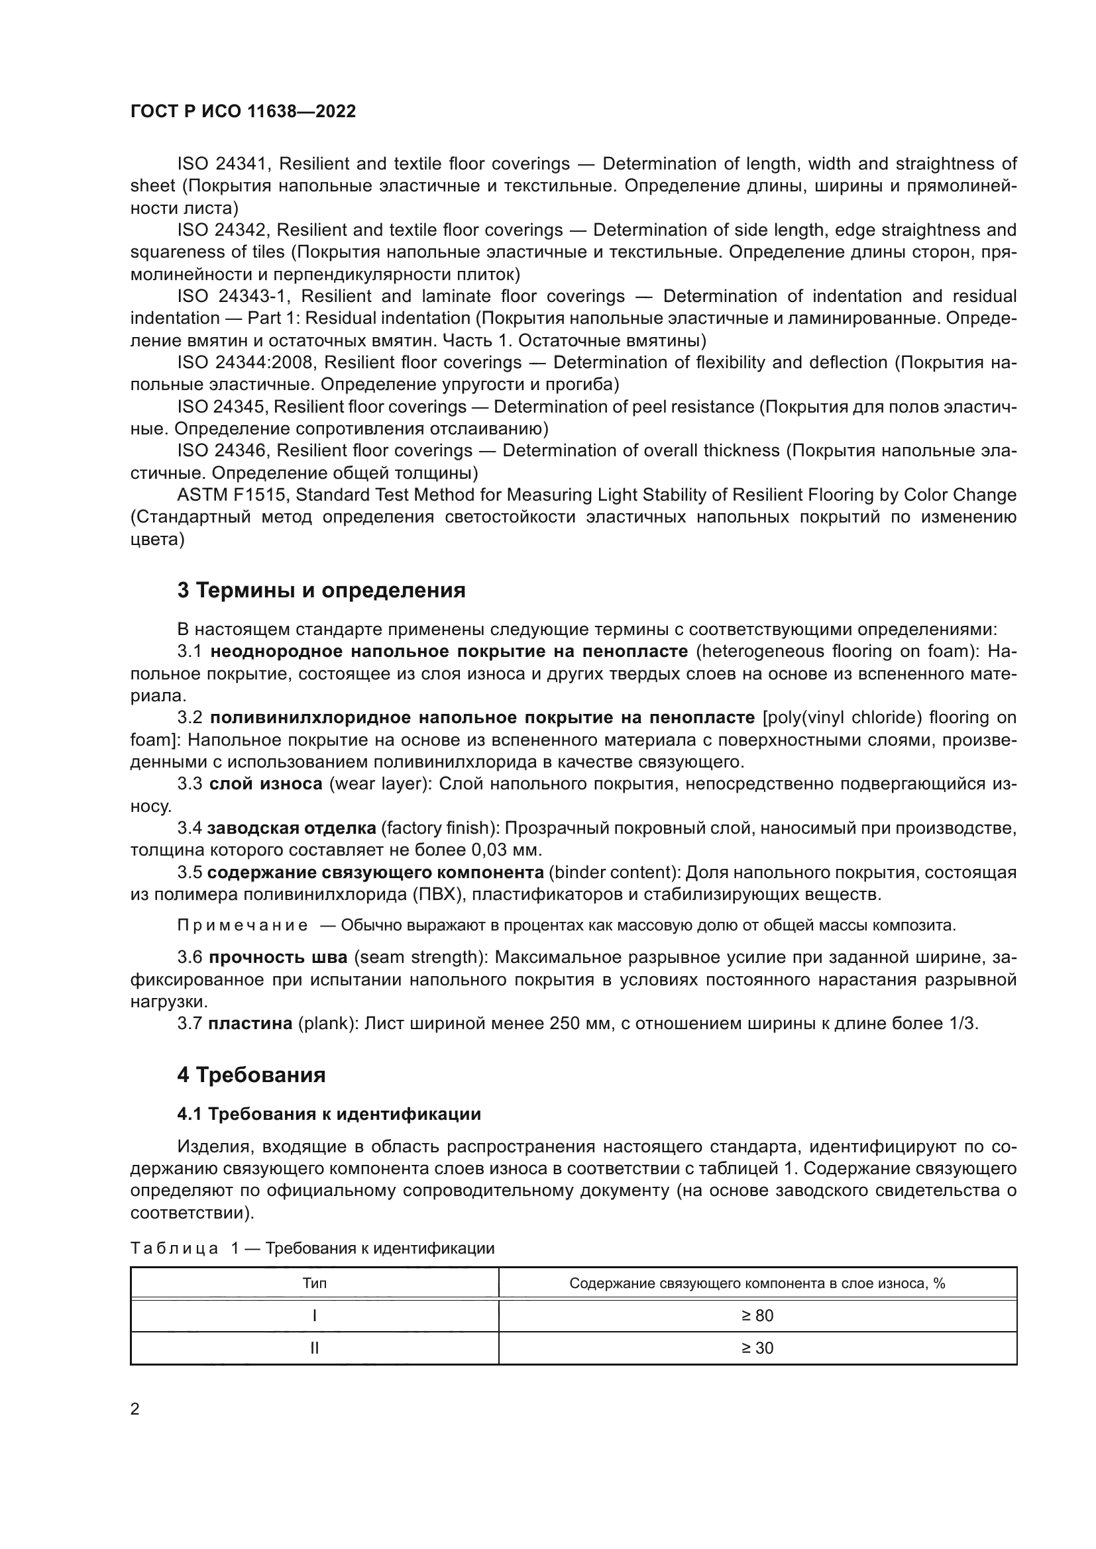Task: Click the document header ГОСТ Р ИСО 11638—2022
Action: (x=243, y=111)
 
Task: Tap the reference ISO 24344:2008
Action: (x=247, y=362)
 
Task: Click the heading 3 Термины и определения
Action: (x=321, y=590)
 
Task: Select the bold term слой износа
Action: (x=265, y=784)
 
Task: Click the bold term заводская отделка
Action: (x=292, y=828)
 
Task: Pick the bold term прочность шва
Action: (x=278, y=958)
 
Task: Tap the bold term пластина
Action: (x=250, y=1023)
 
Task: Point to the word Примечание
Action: (x=243, y=925)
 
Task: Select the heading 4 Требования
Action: (x=251, y=1075)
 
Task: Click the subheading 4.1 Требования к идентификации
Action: (x=329, y=1115)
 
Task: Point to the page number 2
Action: (x=135, y=1409)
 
